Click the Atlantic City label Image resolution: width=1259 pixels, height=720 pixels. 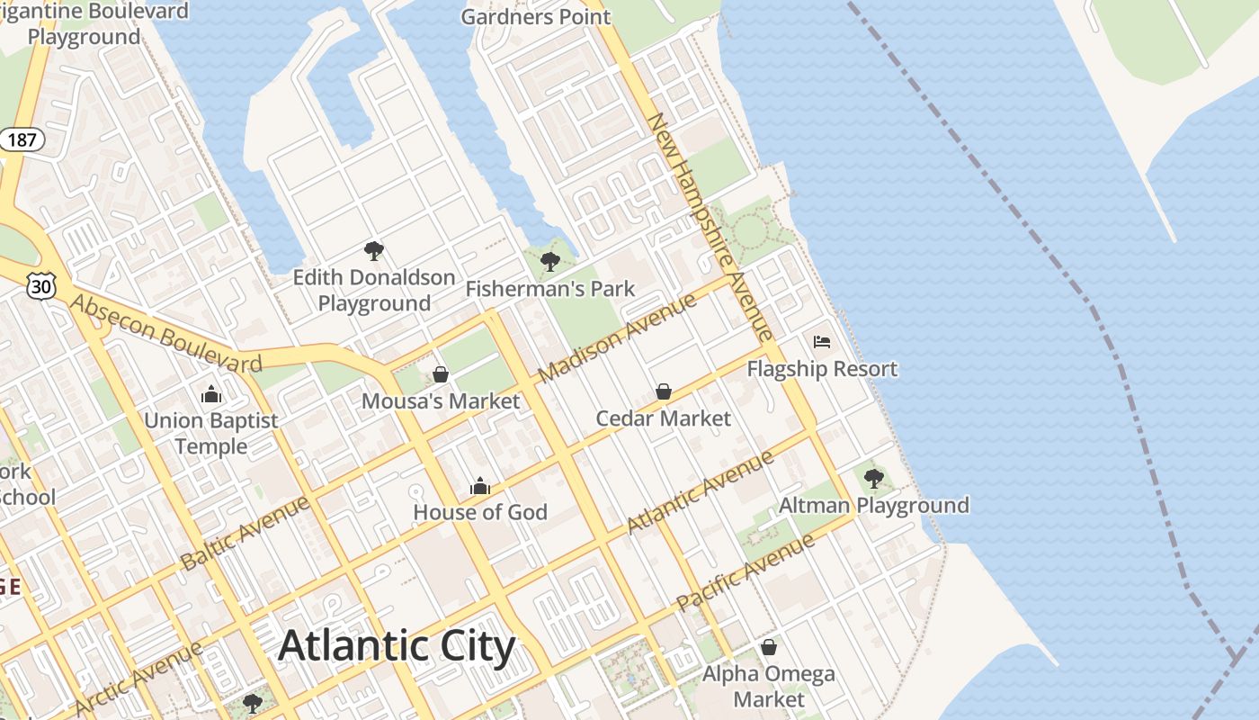click(397, 646)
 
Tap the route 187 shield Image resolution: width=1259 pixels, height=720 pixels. click(22, 139)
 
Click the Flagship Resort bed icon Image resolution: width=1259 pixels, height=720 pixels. click(822, 342)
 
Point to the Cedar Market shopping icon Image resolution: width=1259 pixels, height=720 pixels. click(664, 391)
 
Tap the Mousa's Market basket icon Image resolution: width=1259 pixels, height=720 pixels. click(441, 374)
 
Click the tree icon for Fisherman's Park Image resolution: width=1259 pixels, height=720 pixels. click(550, 262)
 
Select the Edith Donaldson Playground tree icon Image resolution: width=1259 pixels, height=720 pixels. click(374, 251)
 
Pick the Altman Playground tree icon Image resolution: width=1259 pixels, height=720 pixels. click(873, 478)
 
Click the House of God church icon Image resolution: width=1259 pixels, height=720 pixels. click(480, 486)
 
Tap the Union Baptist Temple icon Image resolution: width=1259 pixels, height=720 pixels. click(211, 394)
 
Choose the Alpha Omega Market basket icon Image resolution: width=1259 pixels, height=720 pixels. click(769, 647)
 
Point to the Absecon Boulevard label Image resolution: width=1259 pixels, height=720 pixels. click(166, 333)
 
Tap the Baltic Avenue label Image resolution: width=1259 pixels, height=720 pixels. click(246, 532)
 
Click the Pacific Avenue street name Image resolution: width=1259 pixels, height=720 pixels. click(746, 572)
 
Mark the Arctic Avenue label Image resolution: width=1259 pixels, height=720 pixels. click(139, 678)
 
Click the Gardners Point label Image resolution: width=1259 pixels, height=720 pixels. click(535, 16)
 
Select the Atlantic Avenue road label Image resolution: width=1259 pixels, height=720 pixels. click(700, 491)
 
